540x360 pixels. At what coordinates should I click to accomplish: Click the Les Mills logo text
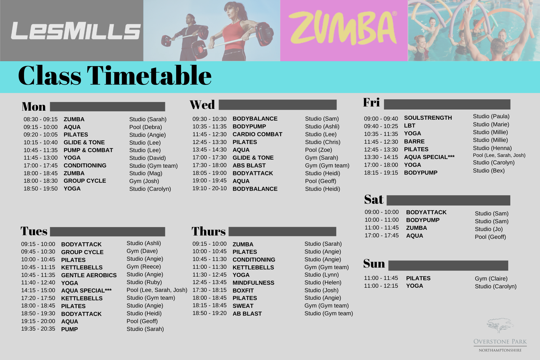click(x=76, y=31)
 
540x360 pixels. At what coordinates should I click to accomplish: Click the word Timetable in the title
click(x=149, y=75)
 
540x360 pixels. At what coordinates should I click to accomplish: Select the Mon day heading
click(x=34, y=106)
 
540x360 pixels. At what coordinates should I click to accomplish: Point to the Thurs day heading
click(x=208, y=231)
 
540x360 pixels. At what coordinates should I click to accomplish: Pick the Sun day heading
click(x=374, y=263)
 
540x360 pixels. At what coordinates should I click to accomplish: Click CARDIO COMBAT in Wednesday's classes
click(x=257, y=134)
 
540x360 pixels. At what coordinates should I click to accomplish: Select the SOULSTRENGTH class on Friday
click(x=428, y=118)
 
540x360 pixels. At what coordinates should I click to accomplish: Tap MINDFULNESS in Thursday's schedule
click(x=253, y=283)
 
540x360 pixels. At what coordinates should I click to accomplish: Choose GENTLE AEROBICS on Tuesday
click(x=89, y=275)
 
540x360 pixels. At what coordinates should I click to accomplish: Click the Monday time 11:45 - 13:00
click(x=40, y=158)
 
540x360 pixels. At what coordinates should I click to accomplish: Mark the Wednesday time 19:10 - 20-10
click(x=210, y=188)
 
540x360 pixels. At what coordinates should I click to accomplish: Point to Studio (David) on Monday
click(x=147, y=158)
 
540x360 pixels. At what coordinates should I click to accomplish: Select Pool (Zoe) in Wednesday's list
click(x=319, y=150)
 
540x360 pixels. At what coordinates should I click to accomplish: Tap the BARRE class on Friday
click(x=414, y=142)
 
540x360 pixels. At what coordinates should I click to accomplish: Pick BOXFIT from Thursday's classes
click(x=243, y=290)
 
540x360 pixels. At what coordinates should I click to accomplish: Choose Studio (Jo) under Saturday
click(x=489, y=229)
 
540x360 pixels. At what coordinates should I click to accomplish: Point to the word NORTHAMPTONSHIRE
click(x=500, y=350)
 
